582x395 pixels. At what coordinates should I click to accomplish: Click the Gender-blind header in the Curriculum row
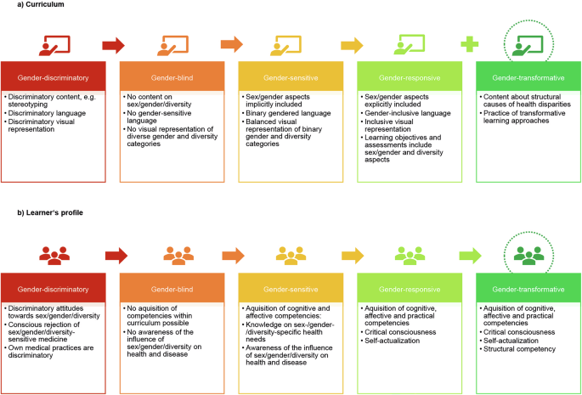tap(172, 77)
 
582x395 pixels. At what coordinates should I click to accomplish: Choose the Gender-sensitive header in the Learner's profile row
tap(291, 288)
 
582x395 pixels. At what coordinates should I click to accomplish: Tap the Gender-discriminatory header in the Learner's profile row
tap(54, 288)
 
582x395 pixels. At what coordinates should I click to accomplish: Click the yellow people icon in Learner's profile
tap(291, 254)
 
